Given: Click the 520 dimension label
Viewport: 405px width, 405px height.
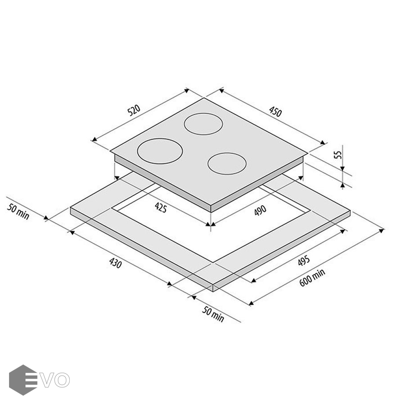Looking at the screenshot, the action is tap(134, 110).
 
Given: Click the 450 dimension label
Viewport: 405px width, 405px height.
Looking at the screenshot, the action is tap(275, 112).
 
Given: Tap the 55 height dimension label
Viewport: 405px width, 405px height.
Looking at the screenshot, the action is tap(338, 154).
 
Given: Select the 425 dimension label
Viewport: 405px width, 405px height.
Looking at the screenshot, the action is tap(161, 207).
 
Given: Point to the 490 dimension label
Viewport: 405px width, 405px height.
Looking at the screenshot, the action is tap(260, 210).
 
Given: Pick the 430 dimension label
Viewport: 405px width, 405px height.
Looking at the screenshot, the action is tap(115, 263).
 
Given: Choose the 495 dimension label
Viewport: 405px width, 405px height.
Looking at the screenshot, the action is tap(304, 261).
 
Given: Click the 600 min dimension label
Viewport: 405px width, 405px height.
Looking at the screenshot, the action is tap(312, 278).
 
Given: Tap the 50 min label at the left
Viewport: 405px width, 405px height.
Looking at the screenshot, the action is tap(18, 211).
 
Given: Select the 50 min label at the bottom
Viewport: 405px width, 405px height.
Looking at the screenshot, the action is tap(213, 314).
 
